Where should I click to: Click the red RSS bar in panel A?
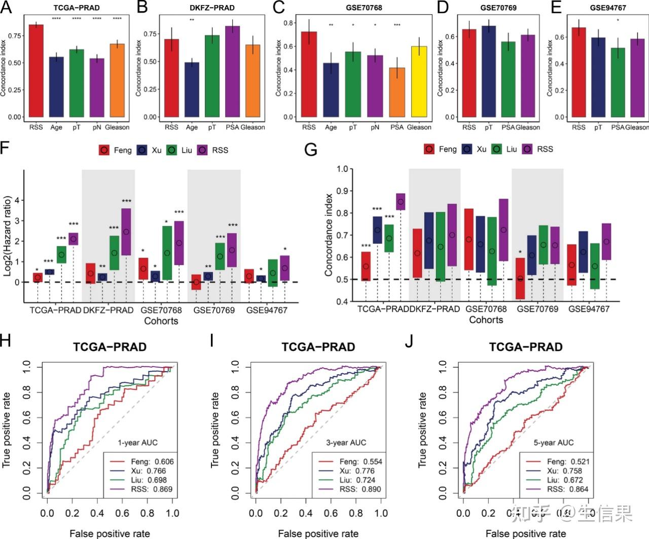(36, 71)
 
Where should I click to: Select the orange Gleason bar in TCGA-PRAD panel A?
(117, 81)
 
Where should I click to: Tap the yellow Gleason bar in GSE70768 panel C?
(419, 82)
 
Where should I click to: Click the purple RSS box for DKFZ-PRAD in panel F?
(126, 232)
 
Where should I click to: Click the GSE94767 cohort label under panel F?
(267, 310)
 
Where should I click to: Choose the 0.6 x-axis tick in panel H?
(122, 513)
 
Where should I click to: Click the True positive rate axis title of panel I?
(215, 430)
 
